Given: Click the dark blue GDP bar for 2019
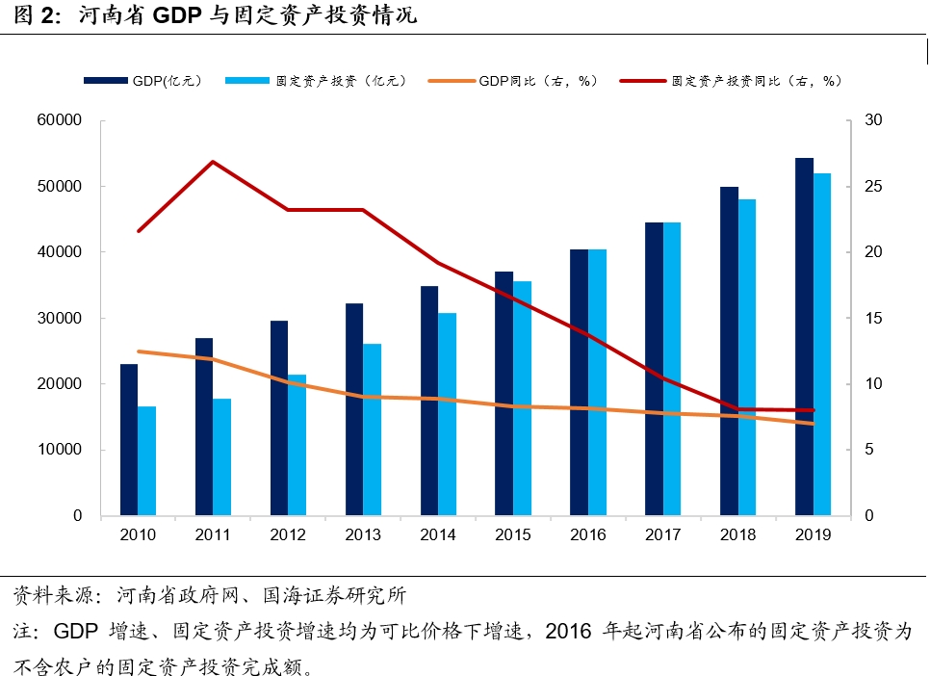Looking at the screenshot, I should point(805,337).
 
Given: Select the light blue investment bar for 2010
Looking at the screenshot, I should point(146,461).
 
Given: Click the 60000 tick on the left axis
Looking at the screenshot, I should point(61,121).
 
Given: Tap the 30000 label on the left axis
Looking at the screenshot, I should point(61,319).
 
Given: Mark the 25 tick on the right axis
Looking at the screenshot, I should point(873,187).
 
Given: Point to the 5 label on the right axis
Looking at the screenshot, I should point(869,450).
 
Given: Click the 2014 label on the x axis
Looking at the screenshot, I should point(438,534).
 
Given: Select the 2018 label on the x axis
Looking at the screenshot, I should point(738,534).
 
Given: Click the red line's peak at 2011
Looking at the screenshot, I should point(213,162).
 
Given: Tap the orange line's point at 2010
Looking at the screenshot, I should point(139,351).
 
